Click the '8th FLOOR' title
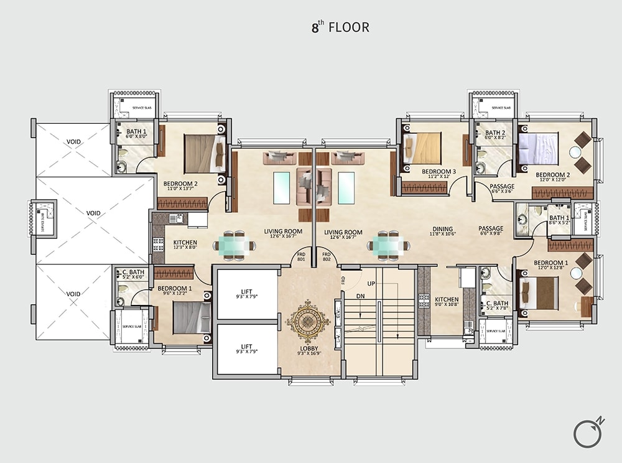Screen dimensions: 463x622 pos(340,27)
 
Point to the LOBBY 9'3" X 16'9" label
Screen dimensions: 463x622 pos(309,351)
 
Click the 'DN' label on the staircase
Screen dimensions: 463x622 pos(360,297)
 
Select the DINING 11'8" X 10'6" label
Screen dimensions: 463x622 pos(443,231)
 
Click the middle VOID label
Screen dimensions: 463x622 pos(93,213)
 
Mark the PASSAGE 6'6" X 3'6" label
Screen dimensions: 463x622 pos(502,189)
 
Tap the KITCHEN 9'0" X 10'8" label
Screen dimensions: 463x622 pos(447,302)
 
